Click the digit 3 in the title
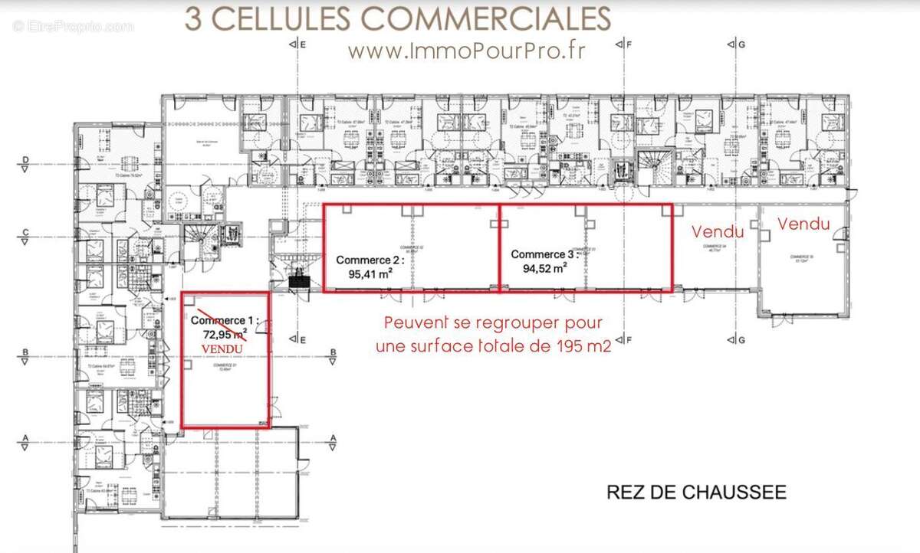[x=193, y=18]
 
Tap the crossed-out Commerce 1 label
[x=225, y=320]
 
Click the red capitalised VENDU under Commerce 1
[x=222, y=348]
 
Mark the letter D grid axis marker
[x=25, y=161]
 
